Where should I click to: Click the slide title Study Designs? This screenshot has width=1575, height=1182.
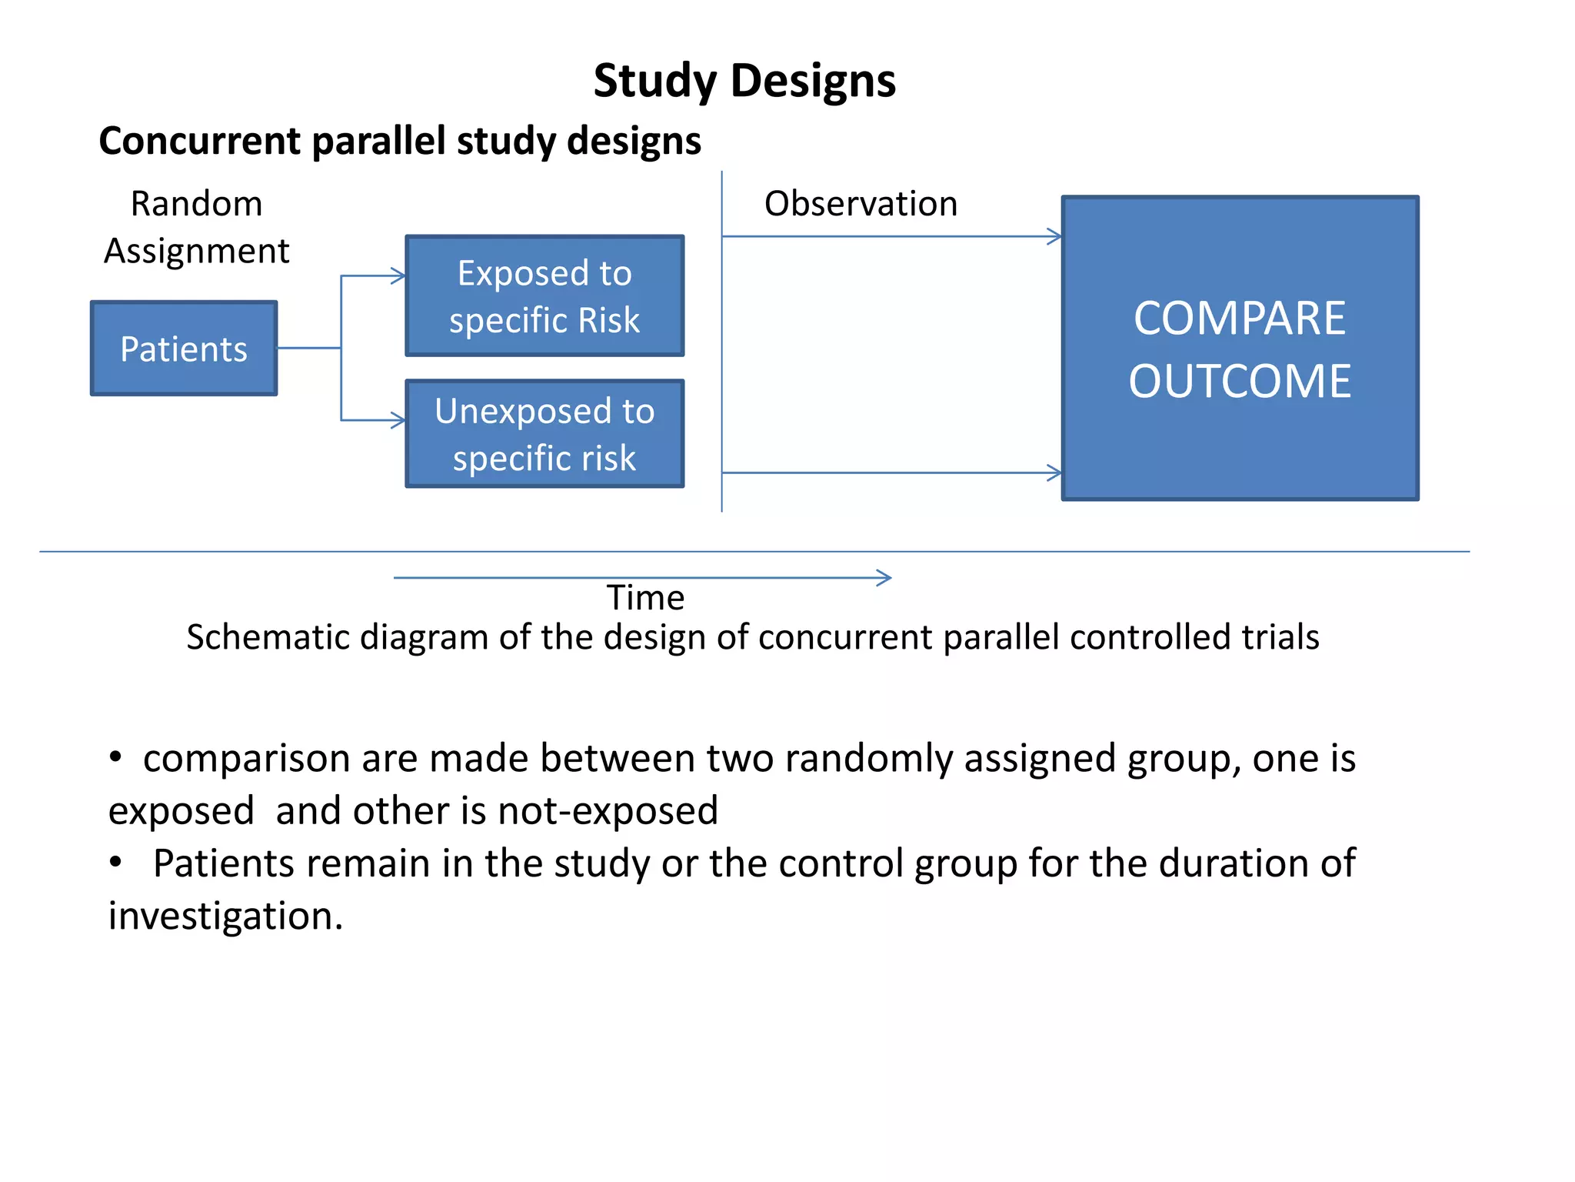pos(744,81)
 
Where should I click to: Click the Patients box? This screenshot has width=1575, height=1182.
pos(184,349)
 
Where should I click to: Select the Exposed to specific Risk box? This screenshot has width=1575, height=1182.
pos(544,296)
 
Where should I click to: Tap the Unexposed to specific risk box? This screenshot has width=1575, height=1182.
pos(544,434)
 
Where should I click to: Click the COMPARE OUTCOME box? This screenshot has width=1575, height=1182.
pos(1240,349)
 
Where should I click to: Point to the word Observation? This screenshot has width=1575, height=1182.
pos(861,204)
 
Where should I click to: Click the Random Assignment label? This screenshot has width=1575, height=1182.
pos(197,227)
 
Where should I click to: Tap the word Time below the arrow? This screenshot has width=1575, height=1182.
pos(645,598)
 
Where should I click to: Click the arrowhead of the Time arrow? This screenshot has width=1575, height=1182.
pos(886,578)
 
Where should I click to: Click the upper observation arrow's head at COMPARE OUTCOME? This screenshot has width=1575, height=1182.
pos(1056,236)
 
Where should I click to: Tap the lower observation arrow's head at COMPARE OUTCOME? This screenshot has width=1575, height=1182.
pos(1056,472)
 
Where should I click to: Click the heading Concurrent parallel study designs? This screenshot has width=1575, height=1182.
pos(400,141)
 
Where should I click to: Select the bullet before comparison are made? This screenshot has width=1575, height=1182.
pos(115,756)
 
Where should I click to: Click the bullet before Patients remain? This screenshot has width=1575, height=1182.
pos(115,862)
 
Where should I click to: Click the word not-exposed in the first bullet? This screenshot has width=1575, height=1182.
pos(608,811)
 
